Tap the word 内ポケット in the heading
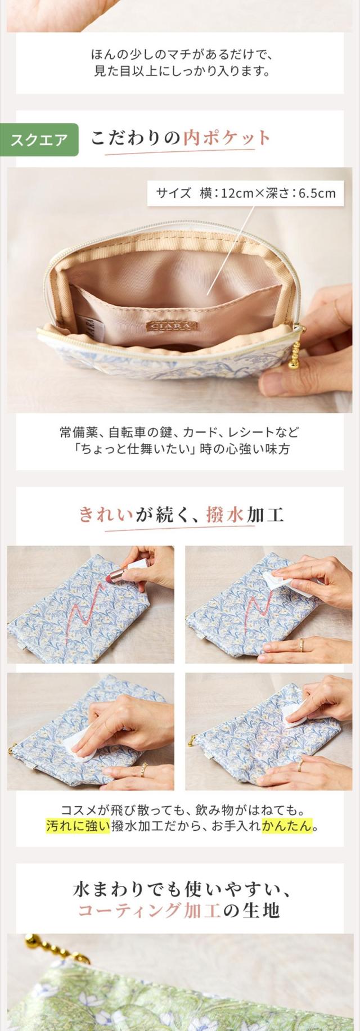[227, 138]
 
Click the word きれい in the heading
[106, 514]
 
